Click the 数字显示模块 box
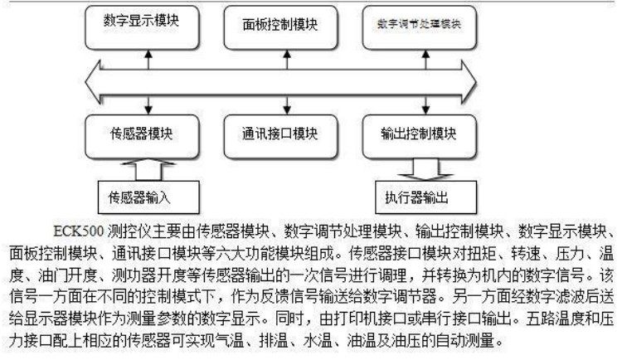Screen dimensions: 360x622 point(142,22)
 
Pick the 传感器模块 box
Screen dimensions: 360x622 point(142,133)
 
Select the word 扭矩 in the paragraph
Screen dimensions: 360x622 point(517,249)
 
